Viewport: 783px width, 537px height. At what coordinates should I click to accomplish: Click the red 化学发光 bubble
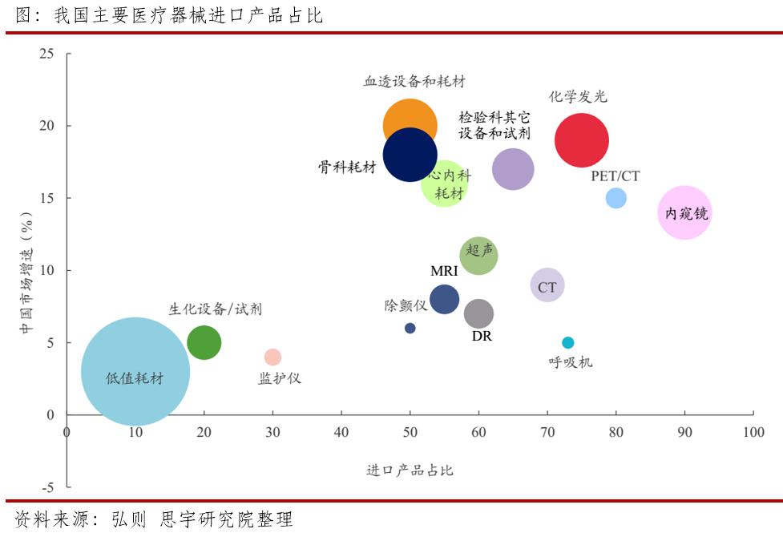pyautogui.click(x=581, y=140)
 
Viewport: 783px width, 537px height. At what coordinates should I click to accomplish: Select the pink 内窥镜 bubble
pyautogui.click(x=684, y=212)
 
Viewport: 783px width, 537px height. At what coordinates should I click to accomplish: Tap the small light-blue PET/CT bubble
pyautogui.click(x=616, y=198)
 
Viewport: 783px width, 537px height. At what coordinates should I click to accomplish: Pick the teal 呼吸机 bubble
pyautogui.click(x=567, y=342)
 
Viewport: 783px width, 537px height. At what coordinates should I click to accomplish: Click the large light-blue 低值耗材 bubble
pyautogui.click(x=135, y=372)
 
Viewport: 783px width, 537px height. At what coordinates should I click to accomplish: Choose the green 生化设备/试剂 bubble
pyautogui.click(x=204, y=343)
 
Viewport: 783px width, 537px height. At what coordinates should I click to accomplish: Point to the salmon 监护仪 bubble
pyautogui.click(x=272, y=357)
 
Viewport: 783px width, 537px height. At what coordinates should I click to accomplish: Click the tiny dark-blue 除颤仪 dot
pyautogui.click(x=410, y=328)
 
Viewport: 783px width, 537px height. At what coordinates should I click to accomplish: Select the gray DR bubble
pyautogui.click(x=478, y=313)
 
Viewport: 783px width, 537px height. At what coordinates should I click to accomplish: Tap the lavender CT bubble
pyautogui.click(x=547, y=285)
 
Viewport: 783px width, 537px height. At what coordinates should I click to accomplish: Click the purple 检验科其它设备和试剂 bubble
pyautogui.click(x=513, y=169)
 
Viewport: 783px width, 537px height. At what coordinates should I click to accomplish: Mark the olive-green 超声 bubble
pyautogui.click(x=479, y=256)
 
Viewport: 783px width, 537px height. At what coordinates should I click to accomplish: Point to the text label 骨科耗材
pyautogui.click(x=346, y=167)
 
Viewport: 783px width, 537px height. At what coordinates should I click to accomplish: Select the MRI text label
pyautogui.click(x=444, y=271)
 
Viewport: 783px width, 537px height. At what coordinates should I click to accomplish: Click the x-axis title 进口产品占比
pyautogui.click(x=410, y=470)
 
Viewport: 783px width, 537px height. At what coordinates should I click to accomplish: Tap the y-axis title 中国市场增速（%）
pyautogui.click(x=26, y=273)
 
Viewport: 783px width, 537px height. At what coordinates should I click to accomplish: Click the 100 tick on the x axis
pyautogui.click(x=753, y=432)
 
